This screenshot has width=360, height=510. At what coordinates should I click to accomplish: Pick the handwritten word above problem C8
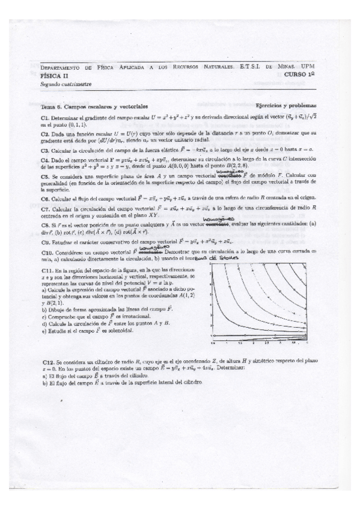pos(216,219)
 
